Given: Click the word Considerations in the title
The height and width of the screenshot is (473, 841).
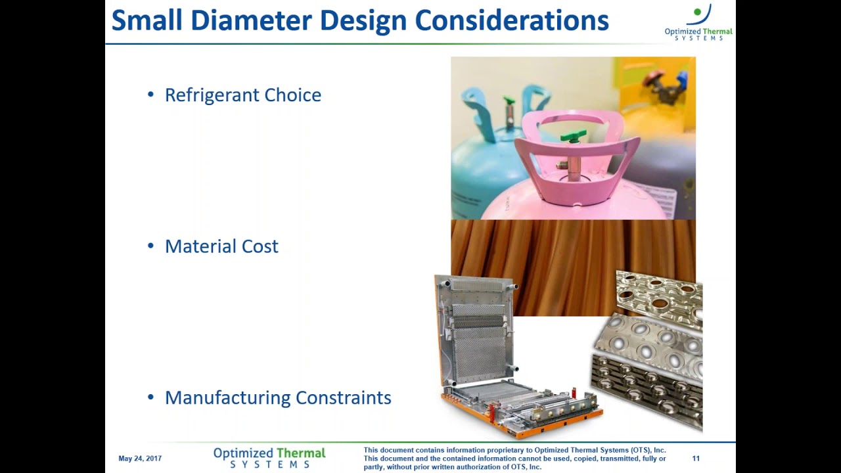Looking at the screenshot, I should pos(511,20).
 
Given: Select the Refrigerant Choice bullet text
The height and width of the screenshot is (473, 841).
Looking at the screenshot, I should pos(242,95).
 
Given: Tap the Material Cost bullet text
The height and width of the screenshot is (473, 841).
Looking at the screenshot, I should pos(221,246).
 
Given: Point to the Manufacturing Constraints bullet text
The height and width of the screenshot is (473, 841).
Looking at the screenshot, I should pos(277,398).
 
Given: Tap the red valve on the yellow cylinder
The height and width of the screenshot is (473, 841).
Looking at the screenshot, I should pos(652,80).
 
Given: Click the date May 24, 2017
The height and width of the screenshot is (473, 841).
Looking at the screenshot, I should pos(140,459).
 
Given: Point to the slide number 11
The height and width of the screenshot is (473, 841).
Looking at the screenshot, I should pos(696,459).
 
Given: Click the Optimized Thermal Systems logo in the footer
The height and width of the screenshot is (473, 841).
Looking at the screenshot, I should pos(269,458).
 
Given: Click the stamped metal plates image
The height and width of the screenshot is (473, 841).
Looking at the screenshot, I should pos(650,348).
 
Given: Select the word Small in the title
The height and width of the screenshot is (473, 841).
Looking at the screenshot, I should pos(144,20).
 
